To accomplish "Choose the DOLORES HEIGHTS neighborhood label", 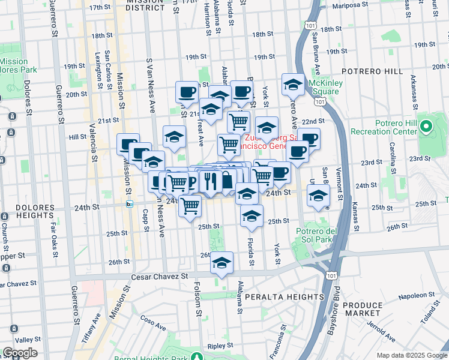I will (27, 211).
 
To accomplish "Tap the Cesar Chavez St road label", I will (160, 277).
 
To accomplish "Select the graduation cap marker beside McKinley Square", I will (293, 85).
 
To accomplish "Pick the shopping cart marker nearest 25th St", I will (190, 206).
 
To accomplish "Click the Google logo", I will (20, 353).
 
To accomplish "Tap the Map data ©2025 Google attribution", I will (411, 355).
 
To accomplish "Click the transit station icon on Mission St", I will (129, 204).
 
